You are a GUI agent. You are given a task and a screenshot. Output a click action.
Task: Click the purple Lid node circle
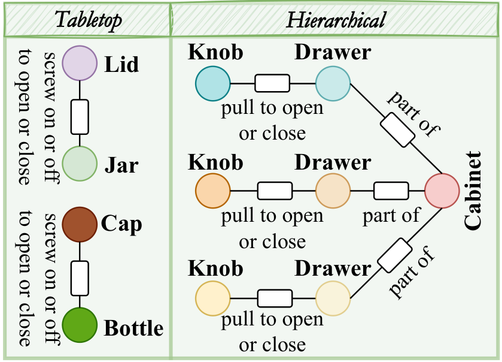(80, 63)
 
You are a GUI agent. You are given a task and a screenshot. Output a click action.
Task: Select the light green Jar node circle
(80, 164)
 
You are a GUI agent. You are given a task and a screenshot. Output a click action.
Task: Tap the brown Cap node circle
(80, 224)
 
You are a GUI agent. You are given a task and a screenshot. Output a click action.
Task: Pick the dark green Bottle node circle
(80, 325)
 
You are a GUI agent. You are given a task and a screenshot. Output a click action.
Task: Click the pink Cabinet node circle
(442, 191)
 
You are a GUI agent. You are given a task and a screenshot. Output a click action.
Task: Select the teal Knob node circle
(213, 83)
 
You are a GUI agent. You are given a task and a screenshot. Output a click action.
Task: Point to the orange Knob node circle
(213, 191)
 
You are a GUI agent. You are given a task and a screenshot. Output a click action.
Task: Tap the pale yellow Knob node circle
(213, 298)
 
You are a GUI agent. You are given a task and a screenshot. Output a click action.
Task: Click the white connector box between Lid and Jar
(80, 117)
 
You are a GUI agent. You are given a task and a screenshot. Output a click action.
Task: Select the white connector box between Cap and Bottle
(80, 278)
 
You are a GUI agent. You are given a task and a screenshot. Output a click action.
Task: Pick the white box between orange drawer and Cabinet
(391, 191)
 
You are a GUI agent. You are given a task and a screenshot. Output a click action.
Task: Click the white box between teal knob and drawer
(272, 83)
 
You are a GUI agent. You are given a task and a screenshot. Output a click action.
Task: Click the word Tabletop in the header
(89, 20)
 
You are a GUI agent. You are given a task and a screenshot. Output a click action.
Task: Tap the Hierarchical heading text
(336, 20)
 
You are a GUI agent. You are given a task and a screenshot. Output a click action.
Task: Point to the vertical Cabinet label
(473, 191)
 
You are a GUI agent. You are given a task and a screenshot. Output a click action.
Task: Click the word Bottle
(134, 328)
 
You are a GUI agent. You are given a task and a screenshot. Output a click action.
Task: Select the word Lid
(121, 64)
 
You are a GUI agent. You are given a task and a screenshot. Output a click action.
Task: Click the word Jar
(121, 165)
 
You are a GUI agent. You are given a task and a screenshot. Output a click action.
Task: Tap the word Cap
(121, 224)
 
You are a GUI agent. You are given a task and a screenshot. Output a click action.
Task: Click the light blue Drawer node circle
(333, 83)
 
